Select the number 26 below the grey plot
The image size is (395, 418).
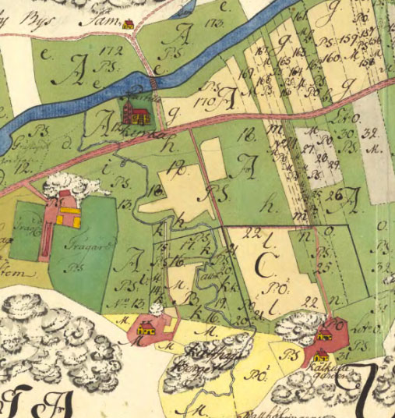point(335,194)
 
